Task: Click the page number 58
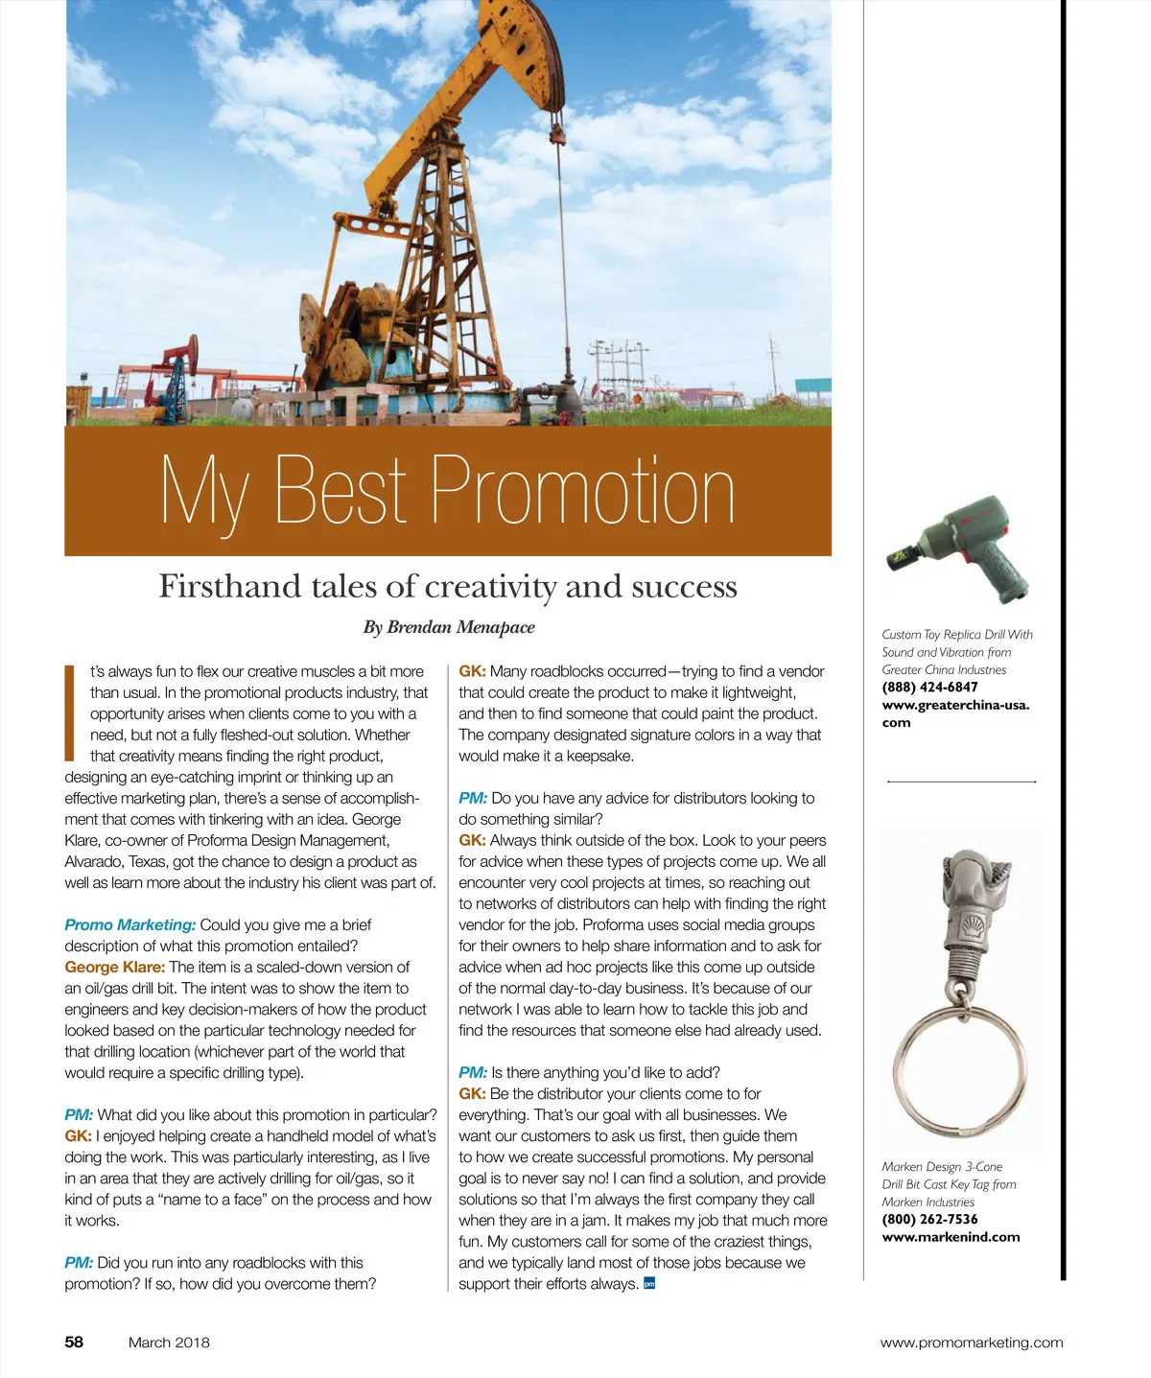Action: [x=74, y=1342]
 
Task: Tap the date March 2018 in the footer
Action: [x=169, y=1342]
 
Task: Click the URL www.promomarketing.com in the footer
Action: [x=971, y=1342]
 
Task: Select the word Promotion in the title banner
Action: [x=582, y=490]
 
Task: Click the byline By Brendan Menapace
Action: [x=448, y=627]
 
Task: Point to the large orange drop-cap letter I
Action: [x=69, y=712]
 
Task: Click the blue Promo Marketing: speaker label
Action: [x=129, y=924]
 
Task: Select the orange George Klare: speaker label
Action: [x=114, y=967]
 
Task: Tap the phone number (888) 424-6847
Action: [x=929, y=687]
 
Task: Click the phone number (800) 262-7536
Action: [x=929, y=1219]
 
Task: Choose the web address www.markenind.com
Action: [x=951, y=1236]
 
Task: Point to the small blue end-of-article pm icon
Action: [x=649, y=1283]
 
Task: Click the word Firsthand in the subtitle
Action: [x=229, y=586]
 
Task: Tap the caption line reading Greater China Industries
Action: [x=944, y=669]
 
